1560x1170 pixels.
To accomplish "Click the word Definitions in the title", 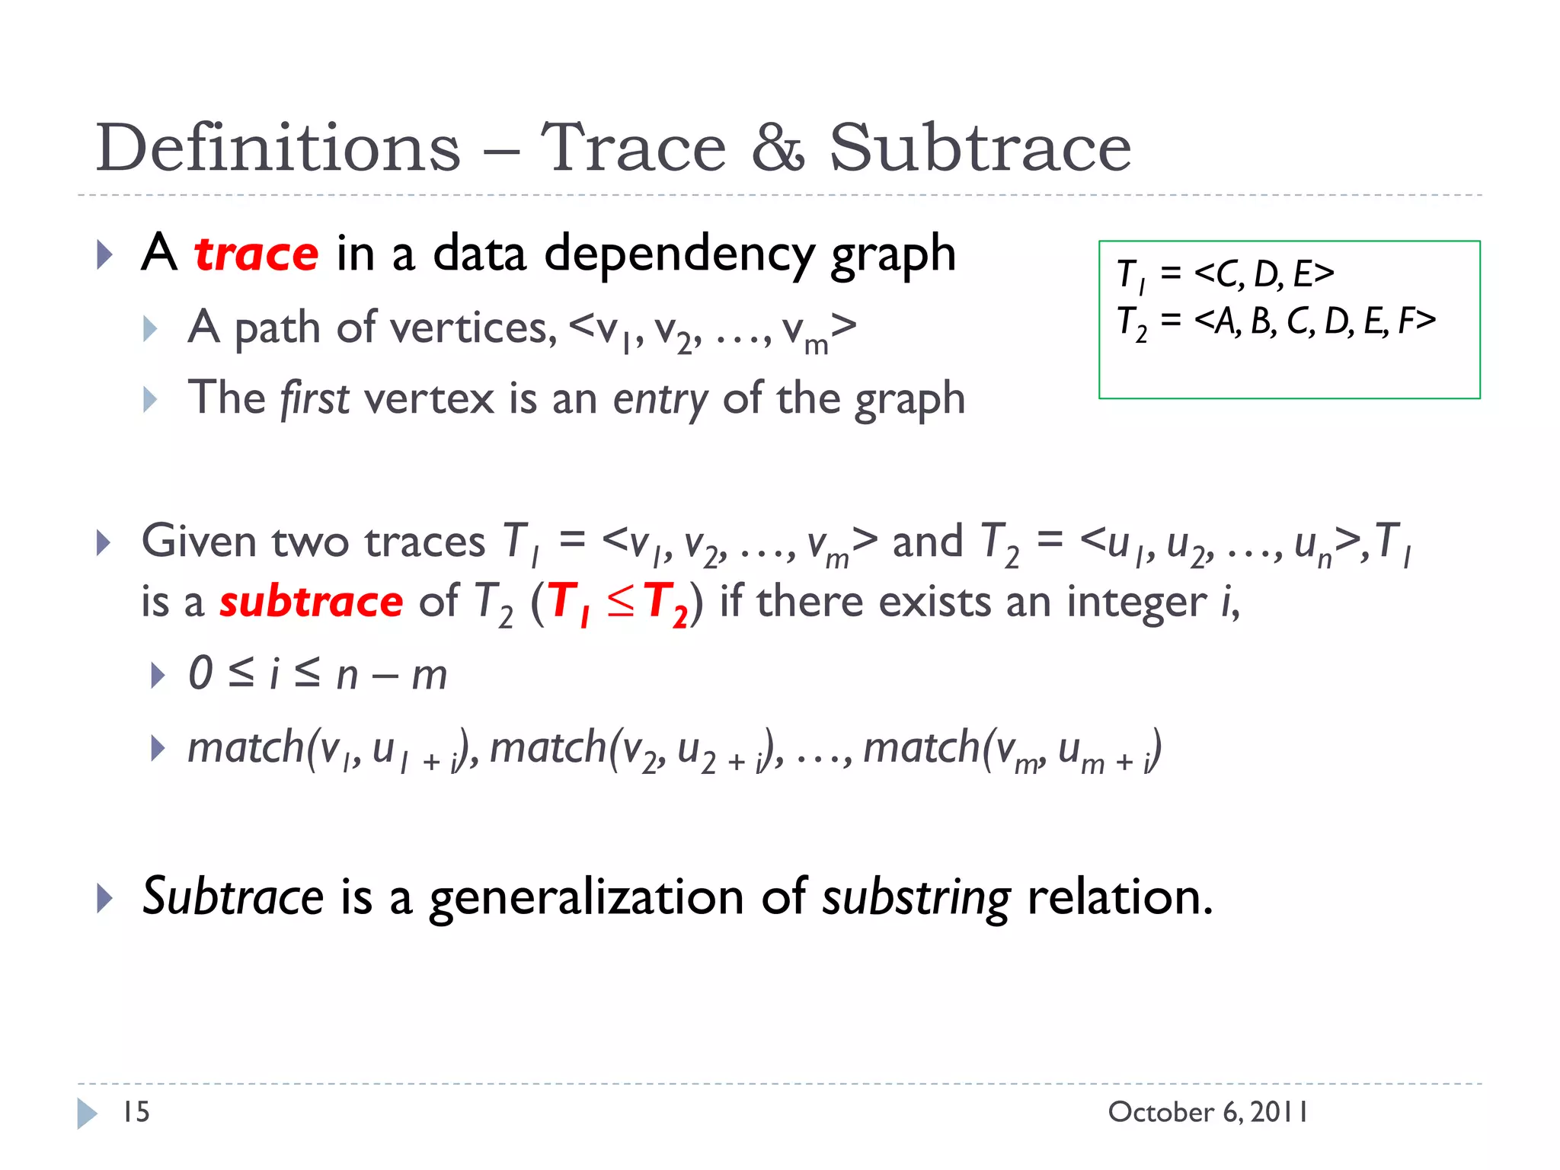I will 278,148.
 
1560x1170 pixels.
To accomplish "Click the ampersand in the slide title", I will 777,148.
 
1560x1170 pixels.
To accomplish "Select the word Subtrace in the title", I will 980,148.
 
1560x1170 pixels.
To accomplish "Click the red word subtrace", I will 311,602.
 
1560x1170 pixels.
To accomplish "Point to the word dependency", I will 679,255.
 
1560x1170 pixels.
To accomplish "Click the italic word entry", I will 660,399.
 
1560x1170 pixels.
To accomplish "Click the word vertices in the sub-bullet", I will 472,328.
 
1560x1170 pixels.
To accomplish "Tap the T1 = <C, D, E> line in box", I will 1225,274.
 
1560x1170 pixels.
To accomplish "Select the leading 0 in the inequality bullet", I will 200,674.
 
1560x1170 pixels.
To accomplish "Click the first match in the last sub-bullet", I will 245,747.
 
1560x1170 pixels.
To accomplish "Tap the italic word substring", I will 916,897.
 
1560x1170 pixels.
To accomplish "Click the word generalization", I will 586,897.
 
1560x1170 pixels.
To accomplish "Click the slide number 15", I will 136,1112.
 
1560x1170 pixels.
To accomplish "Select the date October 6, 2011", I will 1208,1112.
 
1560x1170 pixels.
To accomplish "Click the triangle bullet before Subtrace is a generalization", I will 104,898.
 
